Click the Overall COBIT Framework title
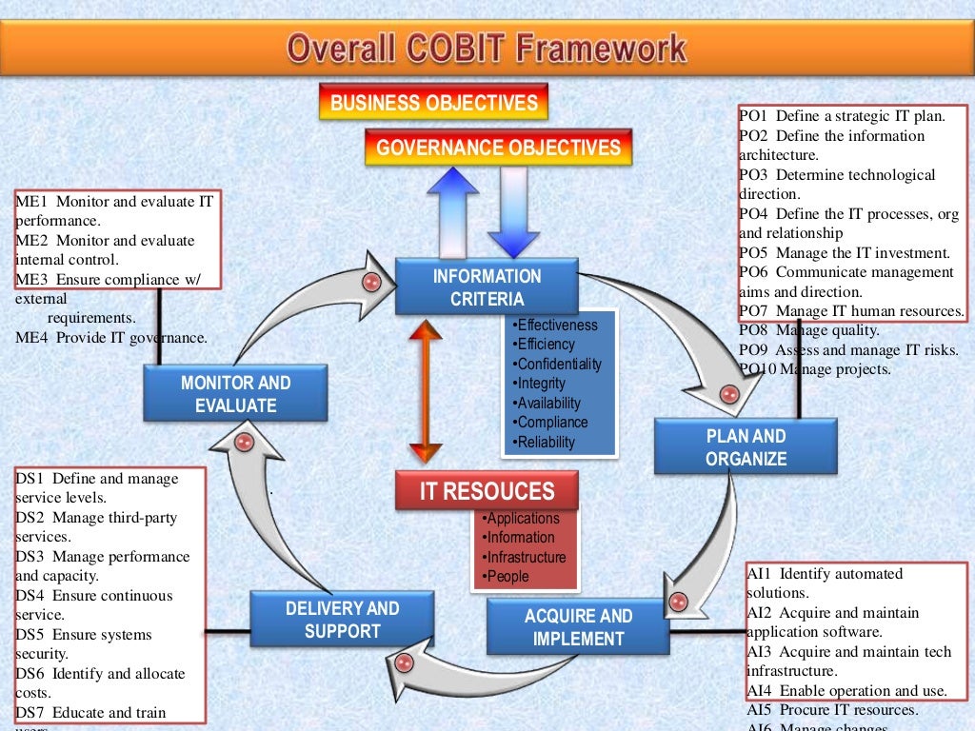pos(487,47)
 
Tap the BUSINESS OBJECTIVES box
pos(434,103)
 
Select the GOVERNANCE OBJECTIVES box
pos(498,148)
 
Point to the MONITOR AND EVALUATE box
pos(235,394)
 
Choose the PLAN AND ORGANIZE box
pos(746,447)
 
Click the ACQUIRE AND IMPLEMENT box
pos(578,627)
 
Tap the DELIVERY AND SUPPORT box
pos(343,619)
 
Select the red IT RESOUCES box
pos(487,492)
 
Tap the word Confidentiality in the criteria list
pos(560,364)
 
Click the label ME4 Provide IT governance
pos(110,337)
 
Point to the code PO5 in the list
pos(754,253)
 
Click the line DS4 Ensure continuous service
pos(93,605)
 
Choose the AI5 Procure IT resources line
pos(833,710)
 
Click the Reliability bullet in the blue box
pos(547,442)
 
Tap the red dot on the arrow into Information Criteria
pos(372,282)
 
